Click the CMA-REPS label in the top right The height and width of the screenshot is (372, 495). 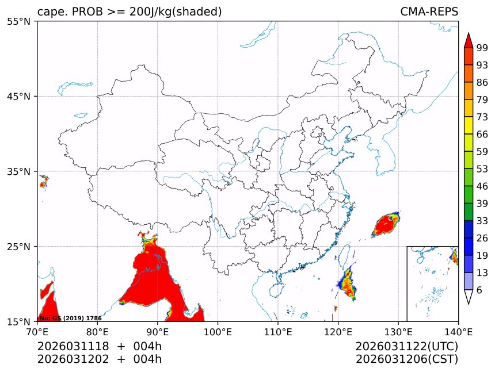[x=429, y=12]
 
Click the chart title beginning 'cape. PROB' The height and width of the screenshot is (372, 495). [x=130, y=12]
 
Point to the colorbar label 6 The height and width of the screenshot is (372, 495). [x=479, y=290]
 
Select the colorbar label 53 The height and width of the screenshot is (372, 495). [x=482, y=169]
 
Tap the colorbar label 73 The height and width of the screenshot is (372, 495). [x=482, y=117]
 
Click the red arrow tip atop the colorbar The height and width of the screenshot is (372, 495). [x=469, y=40]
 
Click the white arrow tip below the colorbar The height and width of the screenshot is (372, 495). [x=469, y=297]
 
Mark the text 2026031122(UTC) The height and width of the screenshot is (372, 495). [x=406, y=347]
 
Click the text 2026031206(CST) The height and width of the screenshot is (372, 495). [x=406, y=359]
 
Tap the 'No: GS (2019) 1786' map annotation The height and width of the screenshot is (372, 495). [x=70, y=318]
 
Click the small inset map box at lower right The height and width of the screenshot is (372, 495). [x=432, y=283]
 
